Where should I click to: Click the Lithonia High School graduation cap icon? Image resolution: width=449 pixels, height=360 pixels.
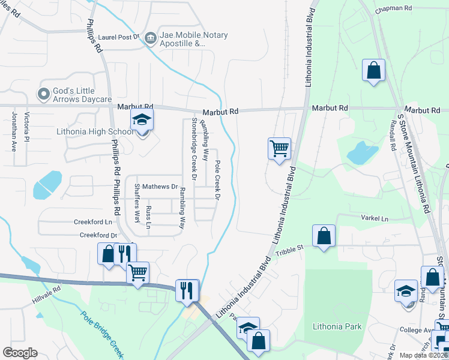pyautogui.click(x=142, y=119)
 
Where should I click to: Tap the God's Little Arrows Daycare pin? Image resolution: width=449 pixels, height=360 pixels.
pyautogui.click(x=43, y=94)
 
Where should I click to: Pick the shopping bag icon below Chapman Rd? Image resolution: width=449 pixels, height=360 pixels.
pyautogui.click(x=373, y=70)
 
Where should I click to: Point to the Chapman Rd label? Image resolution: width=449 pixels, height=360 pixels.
pyautogui.click(x=394, y=10)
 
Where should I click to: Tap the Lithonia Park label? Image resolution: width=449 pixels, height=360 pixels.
pyautogui.click(x=337, y=326)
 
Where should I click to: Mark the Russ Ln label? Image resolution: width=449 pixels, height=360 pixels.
pyautogui.click(x=149, y=217)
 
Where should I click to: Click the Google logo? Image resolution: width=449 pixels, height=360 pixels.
pyautogui.click(x=20, y=353)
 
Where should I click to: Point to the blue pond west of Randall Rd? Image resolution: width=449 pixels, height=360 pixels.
pyautogui.click(x=363, y=152)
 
